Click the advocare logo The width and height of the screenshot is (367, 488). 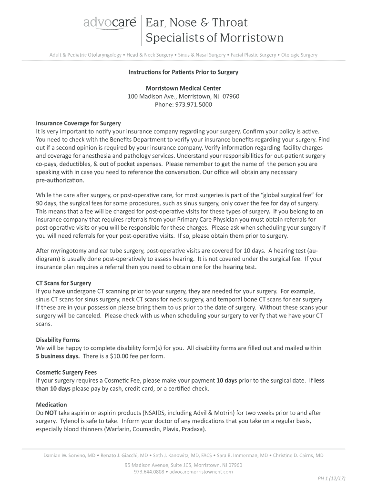point(110,23)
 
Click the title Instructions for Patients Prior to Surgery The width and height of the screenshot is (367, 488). point(183,72)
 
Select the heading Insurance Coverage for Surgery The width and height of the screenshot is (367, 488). point(78,123)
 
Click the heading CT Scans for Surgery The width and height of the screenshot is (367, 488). point(63,283)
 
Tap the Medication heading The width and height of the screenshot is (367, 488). point(51,405)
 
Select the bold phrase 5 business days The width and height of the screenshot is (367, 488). point(58,356)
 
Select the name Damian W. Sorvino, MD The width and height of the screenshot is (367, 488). point(70,455)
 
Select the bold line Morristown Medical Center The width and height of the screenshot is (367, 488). point(183,89)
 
